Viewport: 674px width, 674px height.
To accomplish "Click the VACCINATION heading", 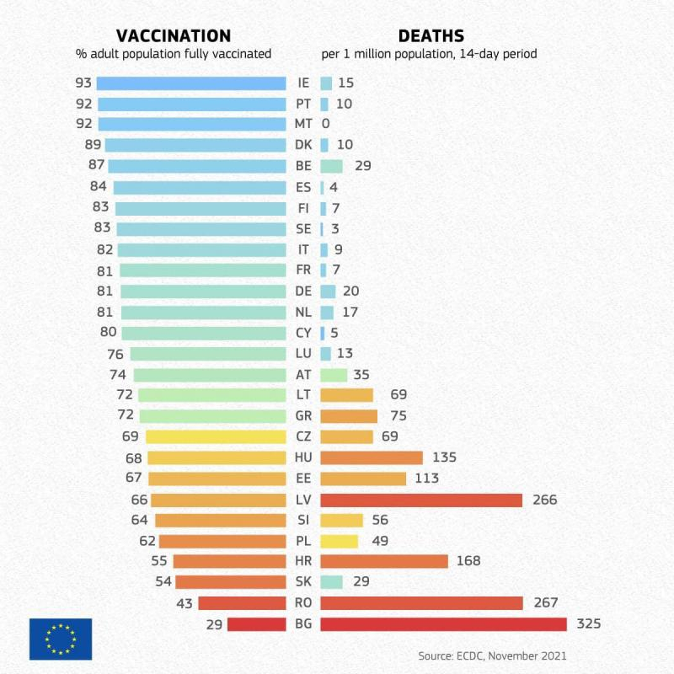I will [x=174, y=35].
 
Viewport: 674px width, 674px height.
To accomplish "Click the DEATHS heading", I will [x=431, y=35].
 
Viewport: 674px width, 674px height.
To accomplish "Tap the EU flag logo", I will [x=61, y=639].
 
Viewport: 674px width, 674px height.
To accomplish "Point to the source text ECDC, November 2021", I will [x=493, y=655].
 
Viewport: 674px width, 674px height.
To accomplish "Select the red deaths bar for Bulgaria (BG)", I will [x=443, y=624].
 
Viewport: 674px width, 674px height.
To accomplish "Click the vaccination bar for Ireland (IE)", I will [x=191, y=83].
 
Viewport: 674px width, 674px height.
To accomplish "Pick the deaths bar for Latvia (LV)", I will [x=421, y=500].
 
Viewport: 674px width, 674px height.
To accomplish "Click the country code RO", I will [x=303, y=603].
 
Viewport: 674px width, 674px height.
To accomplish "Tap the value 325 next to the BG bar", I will [x=589, y=624].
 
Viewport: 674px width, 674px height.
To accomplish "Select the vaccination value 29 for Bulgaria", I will [x=214, y=624].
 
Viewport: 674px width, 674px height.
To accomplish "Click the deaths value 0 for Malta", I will [x=325, y=124].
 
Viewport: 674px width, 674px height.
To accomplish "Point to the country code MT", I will [x=303, y=124].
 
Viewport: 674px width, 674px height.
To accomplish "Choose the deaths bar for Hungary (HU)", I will [x=372, y=457].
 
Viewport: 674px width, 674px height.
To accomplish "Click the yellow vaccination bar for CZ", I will [x=216, y=436].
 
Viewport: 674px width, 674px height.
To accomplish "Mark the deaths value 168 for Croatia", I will [x=468, y=561].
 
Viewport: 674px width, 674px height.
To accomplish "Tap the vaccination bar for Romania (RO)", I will [x=242, y=603].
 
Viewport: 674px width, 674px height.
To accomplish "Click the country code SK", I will [x=303, y=582].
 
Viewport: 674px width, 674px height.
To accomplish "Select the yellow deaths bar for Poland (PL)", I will [x=339, y=541].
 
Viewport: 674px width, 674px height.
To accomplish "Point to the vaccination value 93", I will [x=83, y=83].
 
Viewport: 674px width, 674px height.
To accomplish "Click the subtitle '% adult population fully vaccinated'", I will [x=173, y=54].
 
